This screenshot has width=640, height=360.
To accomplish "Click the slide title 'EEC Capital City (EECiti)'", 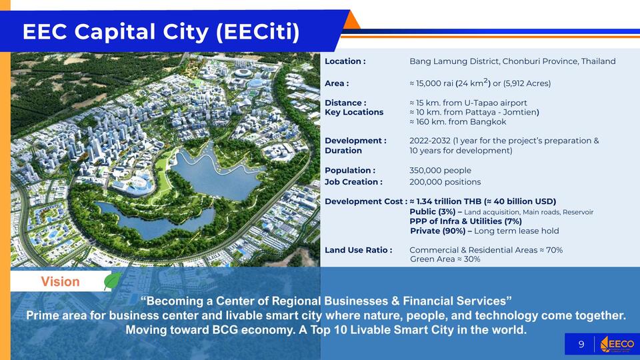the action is click(161, 32).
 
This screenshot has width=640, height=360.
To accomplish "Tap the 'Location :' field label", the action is click(345, 61).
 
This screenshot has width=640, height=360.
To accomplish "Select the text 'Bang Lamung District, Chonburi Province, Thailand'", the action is click(512, 61).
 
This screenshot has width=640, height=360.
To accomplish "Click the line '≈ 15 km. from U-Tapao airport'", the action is click(468, 103).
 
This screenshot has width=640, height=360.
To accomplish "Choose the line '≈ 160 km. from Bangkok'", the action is click(457, 121).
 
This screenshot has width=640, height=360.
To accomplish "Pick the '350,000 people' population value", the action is click(440, 171).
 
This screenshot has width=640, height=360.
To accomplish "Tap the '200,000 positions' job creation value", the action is click(445, 182).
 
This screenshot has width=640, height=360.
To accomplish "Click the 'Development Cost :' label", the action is click(366, 201).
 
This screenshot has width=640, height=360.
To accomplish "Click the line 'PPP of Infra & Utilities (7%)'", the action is click(466, 221).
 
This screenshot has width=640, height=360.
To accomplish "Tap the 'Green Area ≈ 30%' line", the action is click(445, 259).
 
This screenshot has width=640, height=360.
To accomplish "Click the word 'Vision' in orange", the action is click(60, 281).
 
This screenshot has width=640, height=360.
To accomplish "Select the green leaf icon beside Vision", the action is click(113, 281).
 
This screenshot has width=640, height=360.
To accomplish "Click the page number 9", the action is click(581, 345).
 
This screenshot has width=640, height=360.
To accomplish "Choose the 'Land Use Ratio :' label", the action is click(359, 250).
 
